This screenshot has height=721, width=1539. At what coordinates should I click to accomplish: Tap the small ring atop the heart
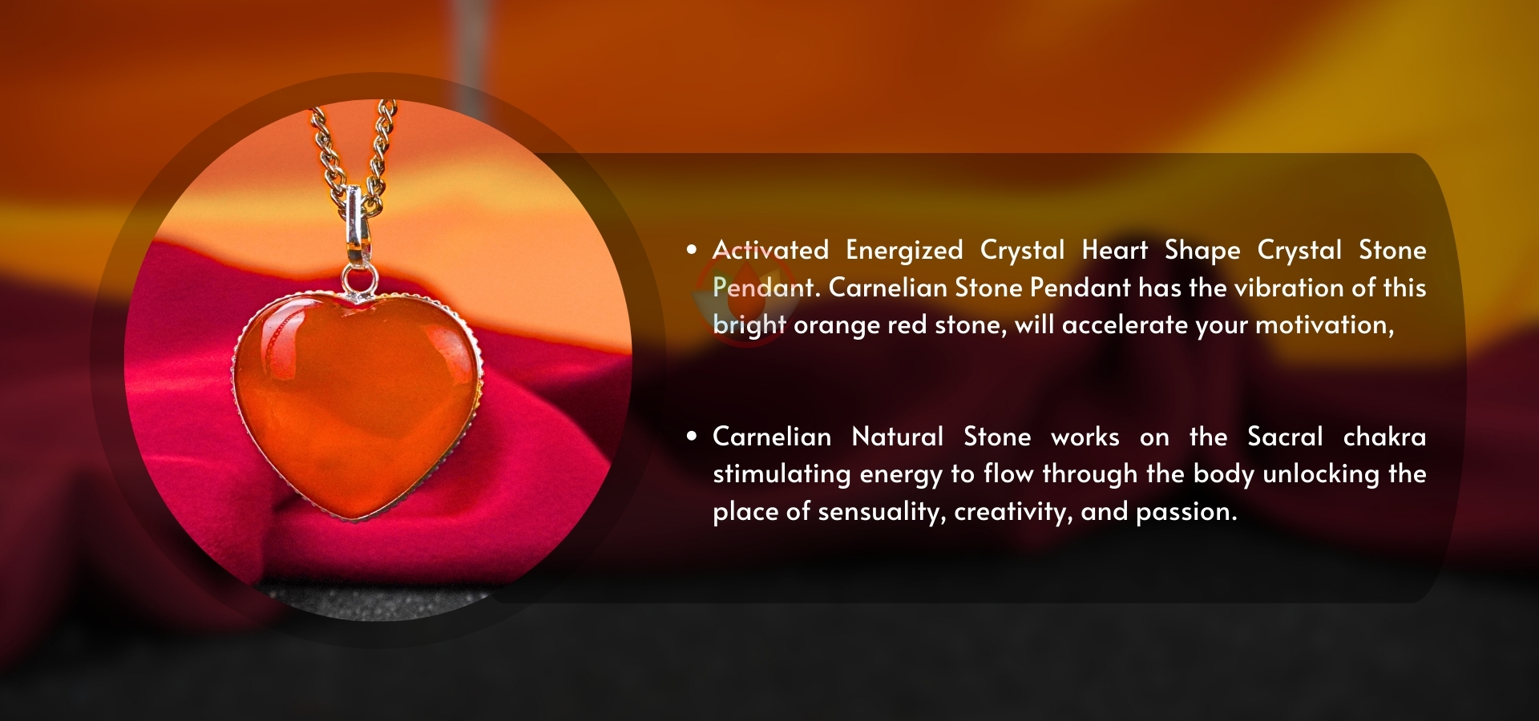[358, 281]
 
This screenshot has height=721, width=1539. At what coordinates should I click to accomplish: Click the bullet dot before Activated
[692, 250]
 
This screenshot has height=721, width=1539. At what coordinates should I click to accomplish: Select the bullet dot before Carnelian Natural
[692, 437]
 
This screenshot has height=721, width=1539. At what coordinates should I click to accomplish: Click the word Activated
[770, 250]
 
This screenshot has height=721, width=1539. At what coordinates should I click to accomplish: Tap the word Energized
[904, 251]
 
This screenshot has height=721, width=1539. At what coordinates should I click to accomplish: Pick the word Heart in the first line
[1114, 250]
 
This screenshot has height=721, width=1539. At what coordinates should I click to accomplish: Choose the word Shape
[1202, 251]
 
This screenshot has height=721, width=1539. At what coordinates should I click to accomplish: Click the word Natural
[898, 437]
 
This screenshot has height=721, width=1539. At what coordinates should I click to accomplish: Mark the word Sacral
[1285, 437]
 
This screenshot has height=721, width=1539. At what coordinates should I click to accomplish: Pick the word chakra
[1384, 437]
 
